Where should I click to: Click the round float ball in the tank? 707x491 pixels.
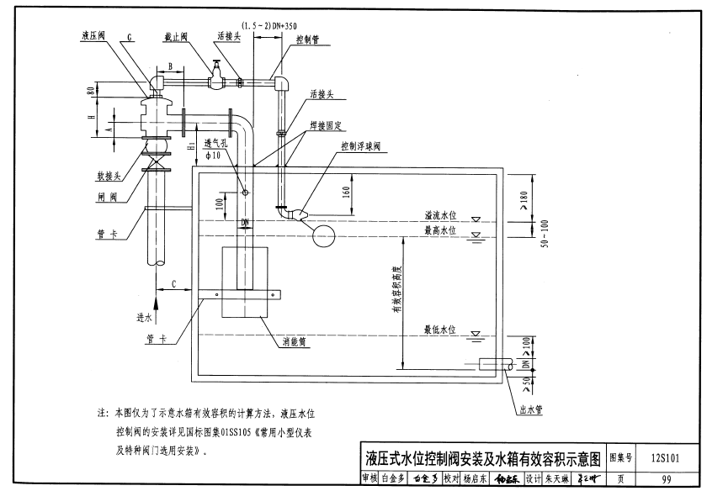[323, 235]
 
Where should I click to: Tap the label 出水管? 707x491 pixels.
[537, 411]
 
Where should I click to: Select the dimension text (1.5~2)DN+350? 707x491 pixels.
[268, 26]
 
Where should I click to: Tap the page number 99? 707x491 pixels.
[667, 479]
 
